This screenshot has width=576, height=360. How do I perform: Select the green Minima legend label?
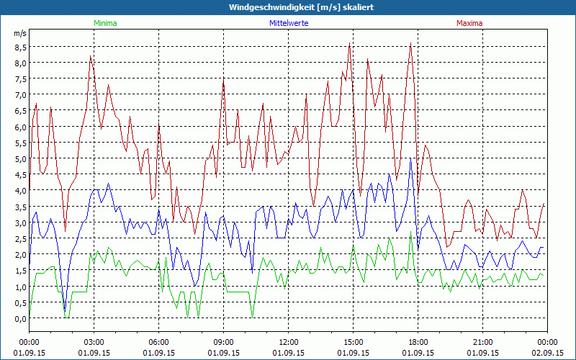click(x=104, y=23)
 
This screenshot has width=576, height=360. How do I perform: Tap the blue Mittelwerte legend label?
click(x=288, y=23)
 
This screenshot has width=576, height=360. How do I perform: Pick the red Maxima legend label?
click(x=469, y=23)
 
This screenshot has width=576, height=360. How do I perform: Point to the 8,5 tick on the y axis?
click(x=19, y=47)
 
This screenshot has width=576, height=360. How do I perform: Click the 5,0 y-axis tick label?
click(x=19, y=159)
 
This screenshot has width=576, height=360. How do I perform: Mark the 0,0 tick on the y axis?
click(x=19, y=319)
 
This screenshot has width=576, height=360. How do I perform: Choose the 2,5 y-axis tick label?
click(x=19, y=239)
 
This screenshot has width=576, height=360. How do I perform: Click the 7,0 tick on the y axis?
click(x=19, y=95)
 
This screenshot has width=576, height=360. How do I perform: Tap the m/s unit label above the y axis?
click(x=19, y=33)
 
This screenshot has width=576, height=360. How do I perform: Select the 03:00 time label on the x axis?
click(x=94, y=342)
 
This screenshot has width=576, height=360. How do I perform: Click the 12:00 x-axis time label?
click(x=289, y=342)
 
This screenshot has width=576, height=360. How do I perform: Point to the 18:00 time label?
click(x=418, y=342)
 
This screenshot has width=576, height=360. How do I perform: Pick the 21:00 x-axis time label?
click(x=483, y=342)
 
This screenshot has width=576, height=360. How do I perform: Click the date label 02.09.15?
click(x=548, y=354)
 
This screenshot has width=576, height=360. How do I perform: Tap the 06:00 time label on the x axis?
click(x=159, y=342)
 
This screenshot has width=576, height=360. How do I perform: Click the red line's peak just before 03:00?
click(x=90, y=57)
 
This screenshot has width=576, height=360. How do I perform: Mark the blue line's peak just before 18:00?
click(x=410, y=159)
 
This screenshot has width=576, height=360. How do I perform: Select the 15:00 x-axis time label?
click(x=354, y=342)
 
